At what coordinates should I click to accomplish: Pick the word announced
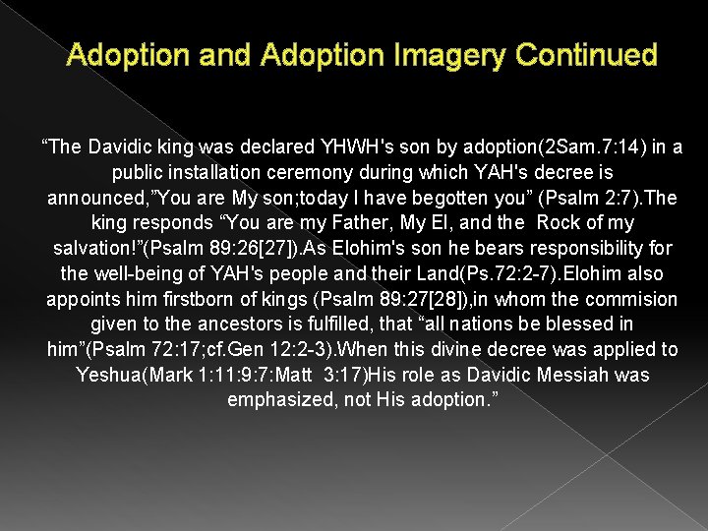click(96, 198)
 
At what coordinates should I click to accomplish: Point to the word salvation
click(96, 249)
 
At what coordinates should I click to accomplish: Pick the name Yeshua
click(109, 375)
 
